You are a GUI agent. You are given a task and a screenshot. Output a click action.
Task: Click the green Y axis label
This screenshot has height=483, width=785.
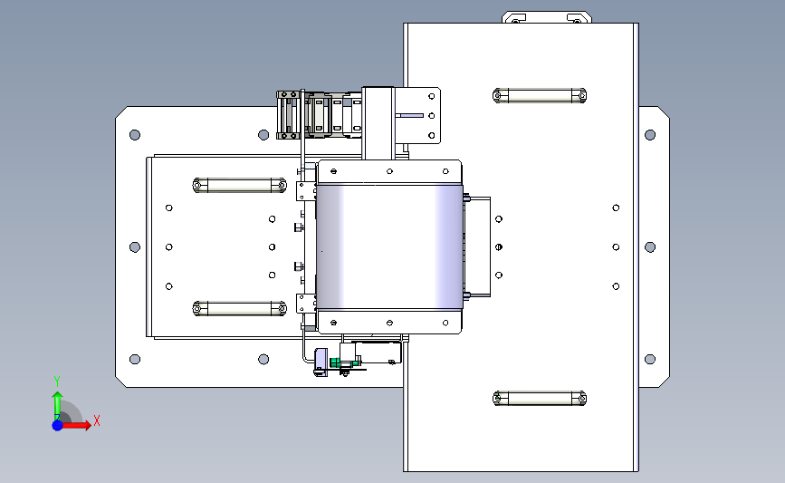pyautogui.click(x=56, y=382)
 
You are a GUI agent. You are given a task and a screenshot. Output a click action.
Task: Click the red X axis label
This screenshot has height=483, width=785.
pyautogui.click(x=97, y=420)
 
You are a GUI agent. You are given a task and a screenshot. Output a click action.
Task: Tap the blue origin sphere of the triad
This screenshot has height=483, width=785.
pyautogui.click(x=58, y=425)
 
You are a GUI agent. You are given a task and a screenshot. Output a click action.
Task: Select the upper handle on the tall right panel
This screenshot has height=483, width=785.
pyautogui.click(x=540, y=95)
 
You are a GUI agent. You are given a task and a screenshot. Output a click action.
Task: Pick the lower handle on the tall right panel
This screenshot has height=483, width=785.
pyautogui.click(x=540, y=399)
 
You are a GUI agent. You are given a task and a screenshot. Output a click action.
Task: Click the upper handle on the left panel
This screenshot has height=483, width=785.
pyautogui.click(x=239, y=186)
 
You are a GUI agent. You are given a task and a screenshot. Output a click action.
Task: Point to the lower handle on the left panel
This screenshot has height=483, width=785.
pyautogui.click(x=239, y=309)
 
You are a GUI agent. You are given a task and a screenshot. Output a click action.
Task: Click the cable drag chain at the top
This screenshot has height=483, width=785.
pyautogui.click(x=319, y=115)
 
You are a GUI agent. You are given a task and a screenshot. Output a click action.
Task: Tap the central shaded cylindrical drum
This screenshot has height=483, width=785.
pyautogui.click(x=389, y=247)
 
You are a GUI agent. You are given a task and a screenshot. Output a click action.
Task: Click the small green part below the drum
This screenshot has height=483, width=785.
pyautogui.click(x=335, y=362)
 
